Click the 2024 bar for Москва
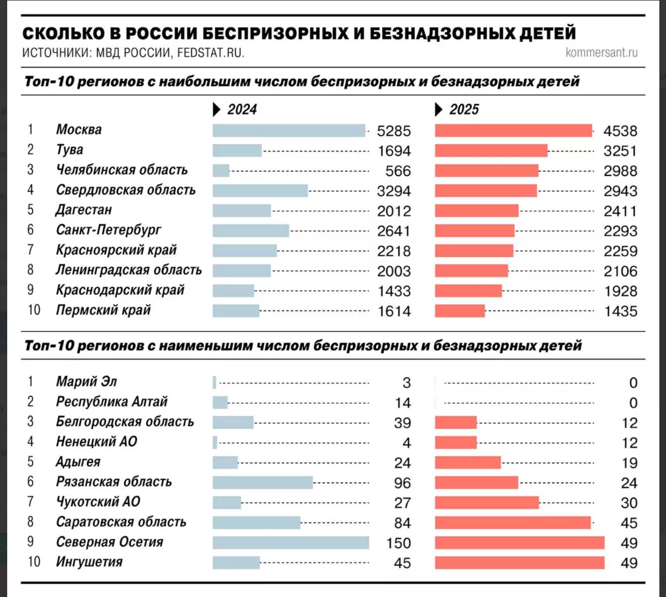pos(288,131)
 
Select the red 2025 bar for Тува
pos(491,150)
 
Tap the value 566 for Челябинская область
pos(394,171)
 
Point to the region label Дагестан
pos(84,210)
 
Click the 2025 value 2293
pos(621,231)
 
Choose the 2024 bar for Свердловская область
pos(260,190)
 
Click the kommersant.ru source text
pos(602,53)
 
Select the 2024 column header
pos(242,110)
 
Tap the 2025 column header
pos(464,110)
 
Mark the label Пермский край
pos(103,310)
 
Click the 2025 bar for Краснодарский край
pos(468,291)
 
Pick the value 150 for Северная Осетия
pos(398,543)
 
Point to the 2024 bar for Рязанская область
pos(262,482)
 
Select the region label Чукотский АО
pos(98,502)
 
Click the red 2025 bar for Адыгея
pos(467,463)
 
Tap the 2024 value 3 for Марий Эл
pos(407,383)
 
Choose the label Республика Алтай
pos(111,402)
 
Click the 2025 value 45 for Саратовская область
pos(629,523)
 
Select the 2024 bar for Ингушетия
pos(236,563)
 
